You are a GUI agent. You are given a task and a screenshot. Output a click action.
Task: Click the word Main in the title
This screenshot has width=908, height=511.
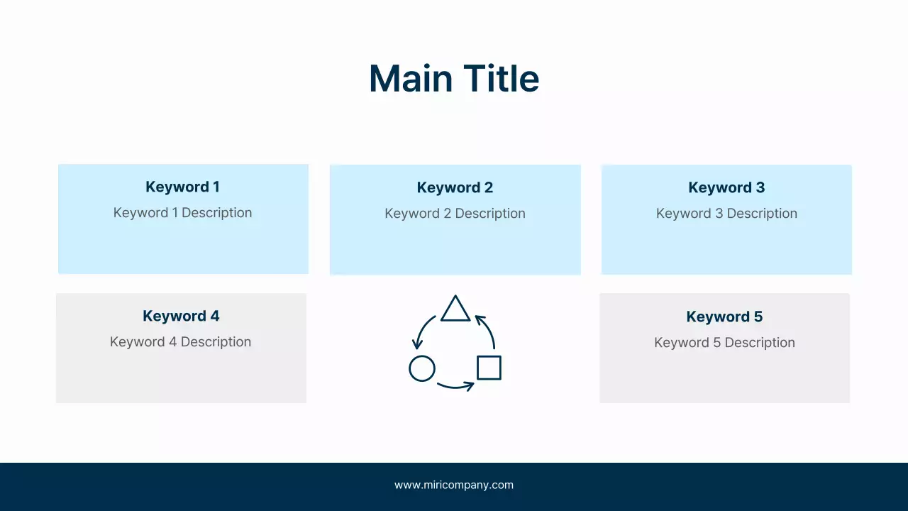coord(411,78)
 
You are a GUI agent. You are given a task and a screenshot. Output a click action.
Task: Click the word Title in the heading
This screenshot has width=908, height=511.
coord(502,78)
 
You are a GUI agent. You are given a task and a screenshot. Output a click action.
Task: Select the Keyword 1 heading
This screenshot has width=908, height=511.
coord(182,187)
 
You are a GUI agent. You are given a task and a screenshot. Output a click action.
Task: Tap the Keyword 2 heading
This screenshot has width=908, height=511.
coord(455,188)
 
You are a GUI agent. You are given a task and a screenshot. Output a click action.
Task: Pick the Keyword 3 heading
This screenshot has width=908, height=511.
coord(726,188)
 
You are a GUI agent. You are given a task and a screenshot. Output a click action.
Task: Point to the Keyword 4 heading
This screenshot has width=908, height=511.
coord(181,317)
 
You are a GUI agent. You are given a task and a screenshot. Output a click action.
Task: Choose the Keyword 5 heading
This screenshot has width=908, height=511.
coord(724,317)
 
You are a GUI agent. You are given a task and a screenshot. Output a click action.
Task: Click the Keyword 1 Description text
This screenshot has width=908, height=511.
coord(182,213)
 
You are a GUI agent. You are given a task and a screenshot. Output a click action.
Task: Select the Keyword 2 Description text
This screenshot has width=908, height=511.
coord(455,214)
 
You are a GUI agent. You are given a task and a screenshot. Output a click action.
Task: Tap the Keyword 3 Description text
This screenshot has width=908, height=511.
coord(726,214)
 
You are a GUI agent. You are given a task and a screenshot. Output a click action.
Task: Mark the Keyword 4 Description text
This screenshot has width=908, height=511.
coord(180,342)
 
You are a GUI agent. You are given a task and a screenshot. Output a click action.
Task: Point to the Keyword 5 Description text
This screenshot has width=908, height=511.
coord(724,343)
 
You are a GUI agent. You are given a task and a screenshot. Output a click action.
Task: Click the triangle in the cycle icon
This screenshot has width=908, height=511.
coord(455,310)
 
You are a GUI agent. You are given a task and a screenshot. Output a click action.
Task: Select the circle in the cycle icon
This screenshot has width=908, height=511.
coord(422,368)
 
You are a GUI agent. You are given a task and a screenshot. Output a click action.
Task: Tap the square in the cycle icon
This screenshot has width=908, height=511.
coord(489,368)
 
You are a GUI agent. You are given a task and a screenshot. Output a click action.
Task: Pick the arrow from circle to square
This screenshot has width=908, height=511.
coord(455,386)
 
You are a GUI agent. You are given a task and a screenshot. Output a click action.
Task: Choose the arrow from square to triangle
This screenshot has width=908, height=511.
coord(487,329)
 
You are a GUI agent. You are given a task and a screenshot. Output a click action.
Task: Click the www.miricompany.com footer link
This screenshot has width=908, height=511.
coord(454,485)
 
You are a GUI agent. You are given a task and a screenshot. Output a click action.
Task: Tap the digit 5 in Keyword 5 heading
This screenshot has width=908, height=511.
coord(758,317)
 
